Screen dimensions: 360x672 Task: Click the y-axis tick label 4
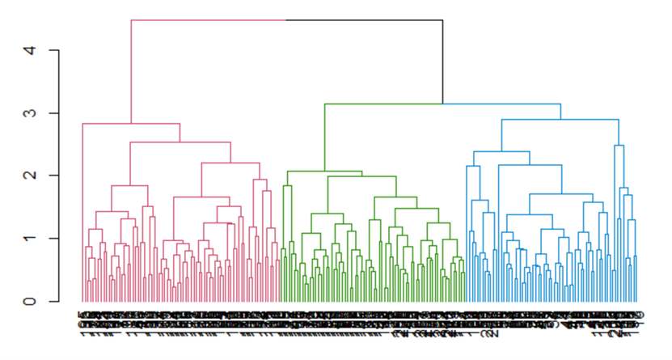coord(30,51)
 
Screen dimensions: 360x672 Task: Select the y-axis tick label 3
coord(30,113)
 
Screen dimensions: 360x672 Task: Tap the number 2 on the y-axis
coord(30,176)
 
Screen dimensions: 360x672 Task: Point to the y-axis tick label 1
coord(30,238)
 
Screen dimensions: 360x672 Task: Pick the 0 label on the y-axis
coord(30,301)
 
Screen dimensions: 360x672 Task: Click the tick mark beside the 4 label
coord(54,51)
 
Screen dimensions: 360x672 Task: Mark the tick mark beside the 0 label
coord(54,301)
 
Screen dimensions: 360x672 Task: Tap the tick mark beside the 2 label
coord(54,176)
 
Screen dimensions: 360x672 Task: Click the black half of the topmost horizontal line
coord(364,20)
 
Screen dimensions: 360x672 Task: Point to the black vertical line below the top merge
coord(442,61)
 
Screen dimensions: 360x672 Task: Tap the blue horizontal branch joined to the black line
coord(501,104)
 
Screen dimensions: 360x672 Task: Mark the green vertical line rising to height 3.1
coord(324,138)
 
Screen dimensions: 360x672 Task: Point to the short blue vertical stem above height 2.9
coord(560,112)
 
